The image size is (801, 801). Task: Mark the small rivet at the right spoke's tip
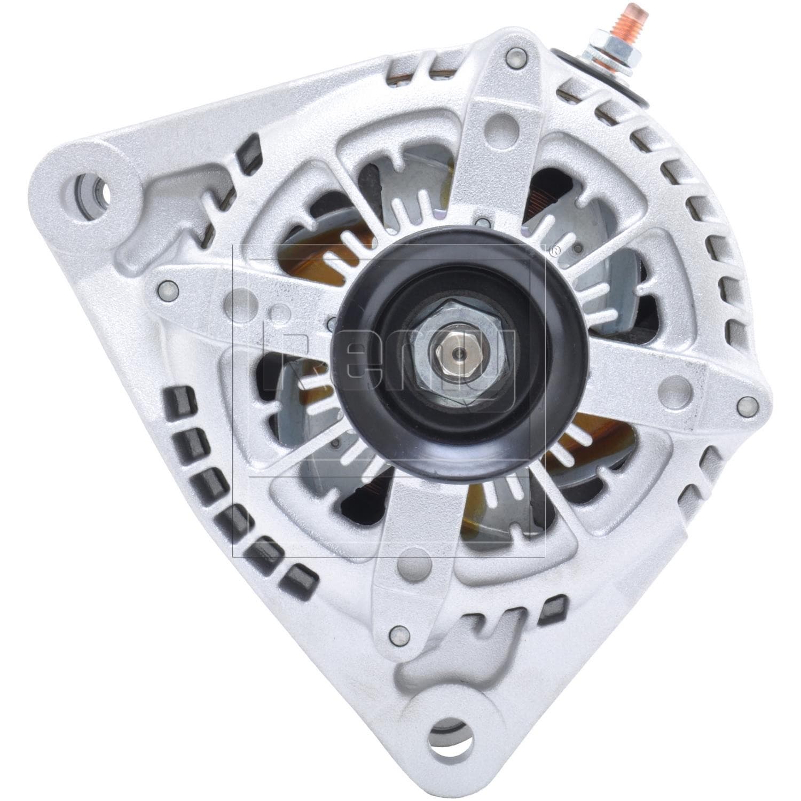pyautogui.click(x=744, y=404)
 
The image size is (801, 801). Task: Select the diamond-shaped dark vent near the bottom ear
pyautogui.click(x=554, y=605)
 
